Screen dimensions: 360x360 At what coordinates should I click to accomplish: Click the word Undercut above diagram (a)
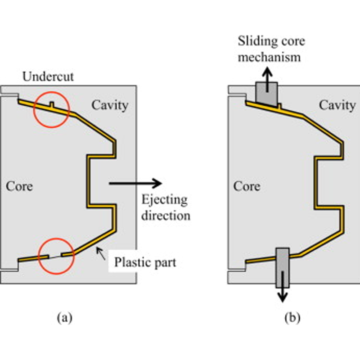(48, 76)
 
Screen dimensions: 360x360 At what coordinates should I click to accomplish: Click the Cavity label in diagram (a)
(110, 105)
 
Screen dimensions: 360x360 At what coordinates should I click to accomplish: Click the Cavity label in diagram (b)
(337, 105)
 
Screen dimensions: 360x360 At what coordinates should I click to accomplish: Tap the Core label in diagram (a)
(19, 185)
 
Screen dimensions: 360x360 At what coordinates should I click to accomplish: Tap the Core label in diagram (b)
(247, 185)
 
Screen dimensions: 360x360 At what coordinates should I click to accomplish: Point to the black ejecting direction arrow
(135, 183)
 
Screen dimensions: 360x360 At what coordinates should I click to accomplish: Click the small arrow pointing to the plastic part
(102, 254)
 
